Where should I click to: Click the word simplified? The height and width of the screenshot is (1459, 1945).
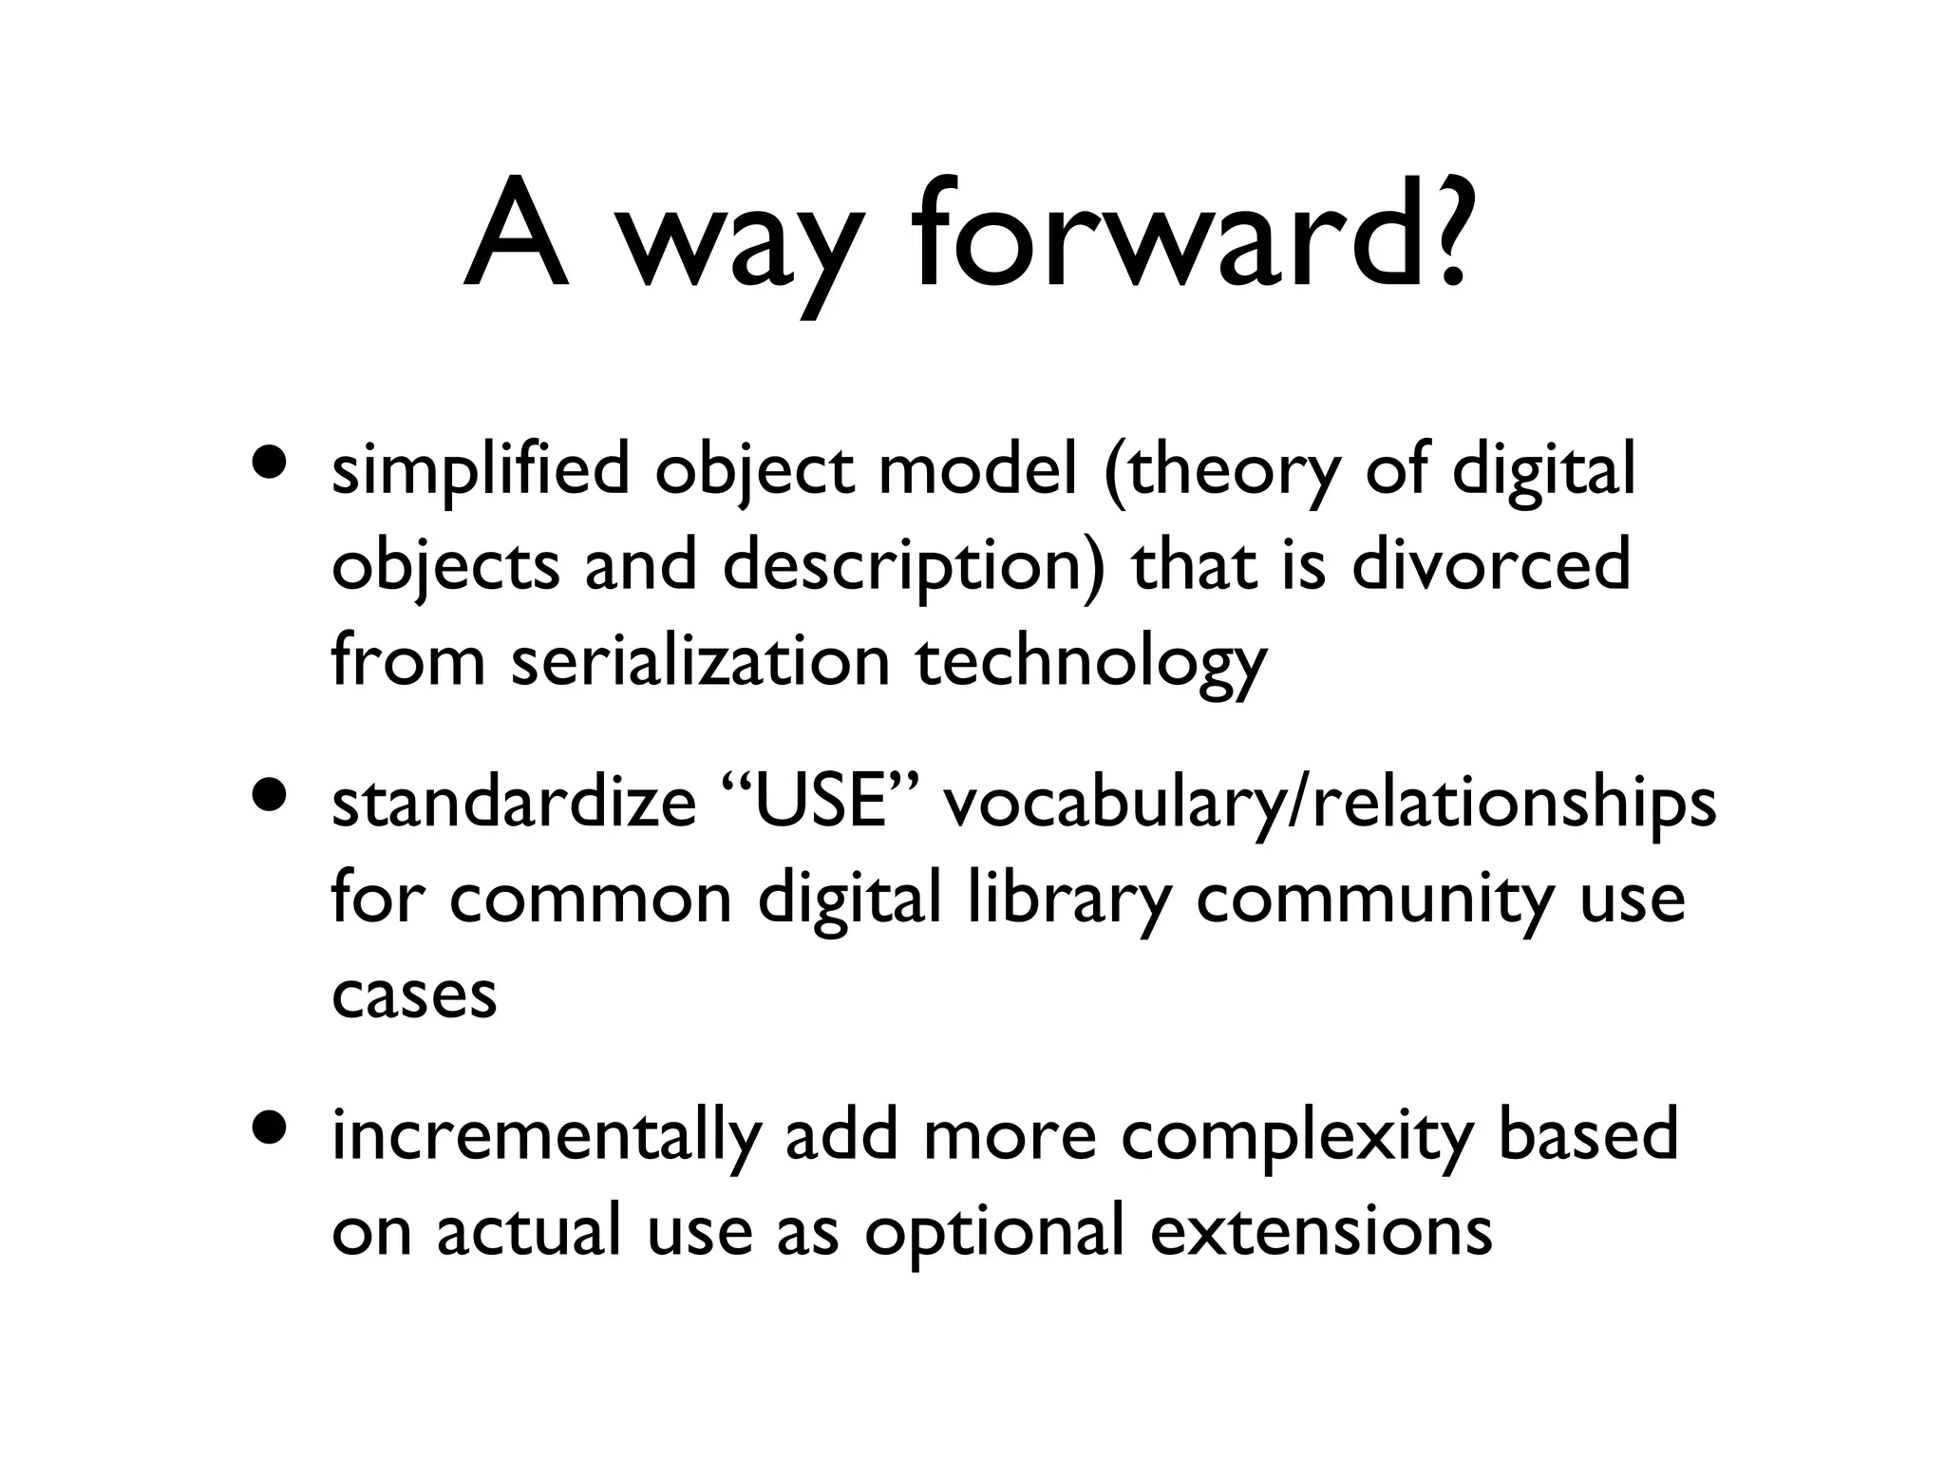pyautogui.click(x=481, y=470)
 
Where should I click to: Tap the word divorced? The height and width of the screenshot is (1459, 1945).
pyautogui.click(x=1490, y=564)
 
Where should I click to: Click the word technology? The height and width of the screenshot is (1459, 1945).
pyautogui.click(x=1091, y=663)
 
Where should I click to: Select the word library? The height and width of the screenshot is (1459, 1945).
pyautogui.click(x=1069, y=900)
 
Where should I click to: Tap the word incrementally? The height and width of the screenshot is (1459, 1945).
pyautogui.click(x=546, y=1136)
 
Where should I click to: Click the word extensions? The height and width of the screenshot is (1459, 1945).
pyautogui.click(x=1321, y=1231)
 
